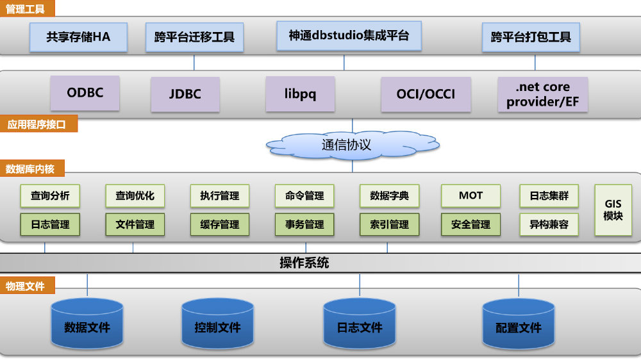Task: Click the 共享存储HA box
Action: (78, 37)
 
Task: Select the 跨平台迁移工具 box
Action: (194, 37)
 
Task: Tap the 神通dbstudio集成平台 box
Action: (349, 36)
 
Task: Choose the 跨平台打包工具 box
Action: (531, 37)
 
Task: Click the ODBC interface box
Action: (85, 93)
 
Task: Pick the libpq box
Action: (300, 94)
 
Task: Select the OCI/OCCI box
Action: (426, 95)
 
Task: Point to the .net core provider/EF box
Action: (542, 95)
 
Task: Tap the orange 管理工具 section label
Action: (28, 8)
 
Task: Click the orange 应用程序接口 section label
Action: (38, 124)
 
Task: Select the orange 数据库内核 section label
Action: (31, 169)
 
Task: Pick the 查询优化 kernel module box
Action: (135, 196)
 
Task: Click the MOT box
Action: (470, 196)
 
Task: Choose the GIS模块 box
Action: (613, 210)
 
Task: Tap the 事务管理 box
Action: (304, 225)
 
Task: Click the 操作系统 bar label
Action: (304, 263)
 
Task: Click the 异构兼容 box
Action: (549, 225)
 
